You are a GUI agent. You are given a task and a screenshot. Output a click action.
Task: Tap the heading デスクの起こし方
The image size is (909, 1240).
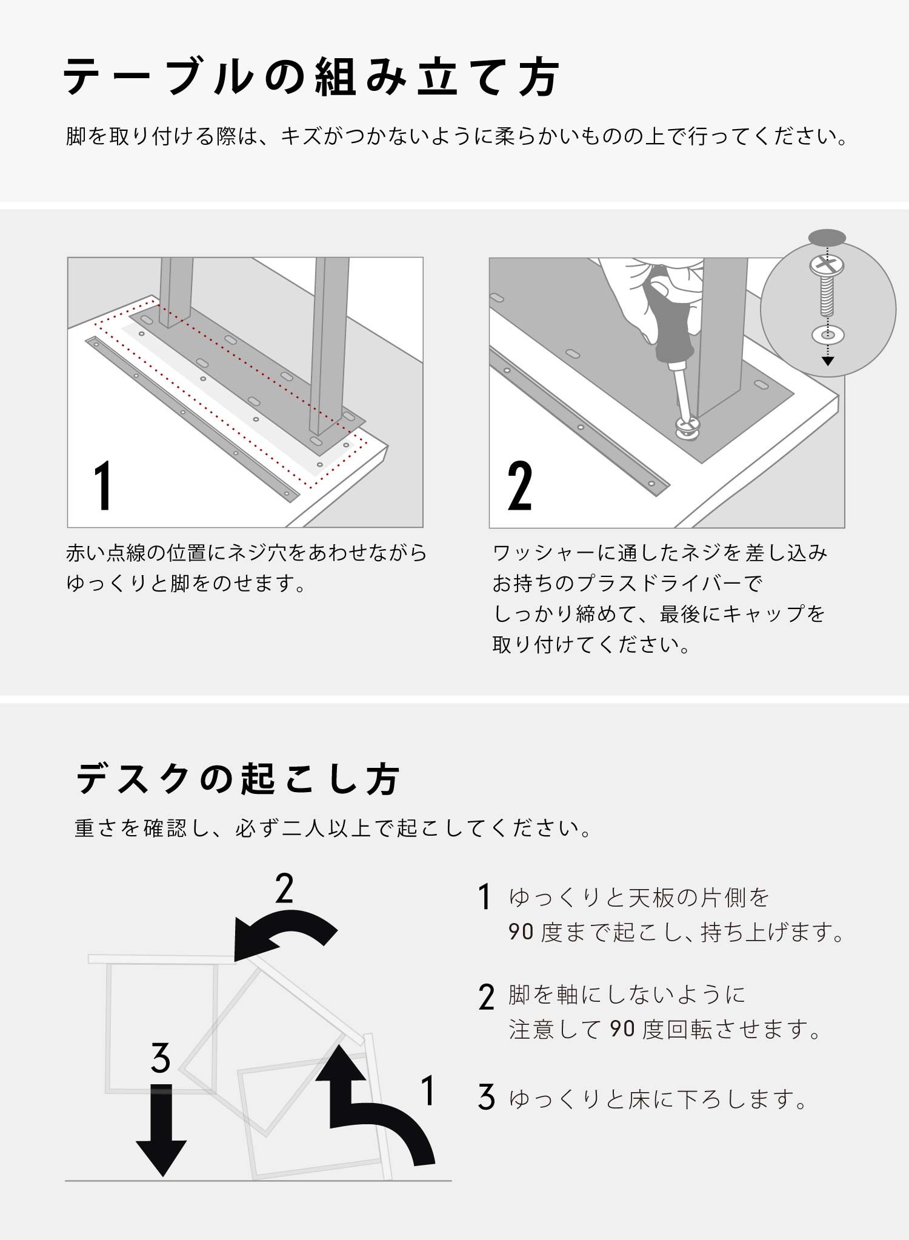point(238,779)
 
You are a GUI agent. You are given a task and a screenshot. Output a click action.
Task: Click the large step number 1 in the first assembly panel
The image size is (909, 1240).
point(104,485)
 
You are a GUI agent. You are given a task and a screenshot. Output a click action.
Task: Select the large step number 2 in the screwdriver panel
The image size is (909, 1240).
point(520,485)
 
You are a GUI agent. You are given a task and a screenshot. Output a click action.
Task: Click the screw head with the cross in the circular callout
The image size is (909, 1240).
point(827,265)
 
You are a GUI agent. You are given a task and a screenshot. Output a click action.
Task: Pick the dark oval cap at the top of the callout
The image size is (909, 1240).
point(827,237)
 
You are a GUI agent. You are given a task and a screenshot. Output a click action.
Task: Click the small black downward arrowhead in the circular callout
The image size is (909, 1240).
point(828,361)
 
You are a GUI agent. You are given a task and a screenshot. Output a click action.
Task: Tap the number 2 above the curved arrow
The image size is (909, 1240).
point(284,888)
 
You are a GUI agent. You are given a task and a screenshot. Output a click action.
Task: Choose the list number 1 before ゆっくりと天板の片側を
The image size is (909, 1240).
point(484,897)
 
